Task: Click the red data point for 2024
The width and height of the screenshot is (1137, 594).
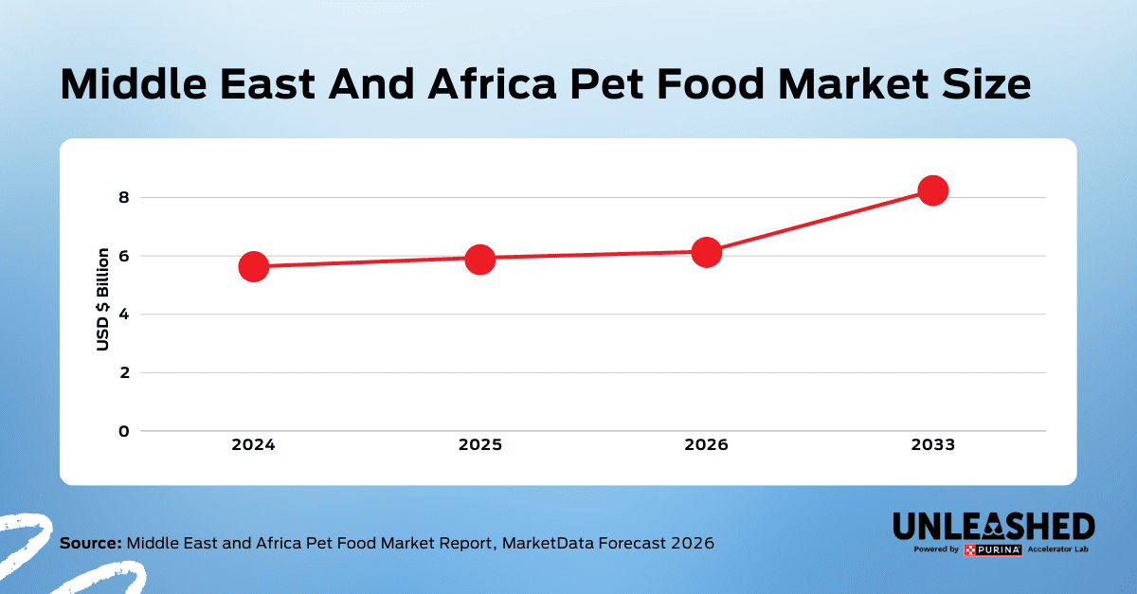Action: click(253, 266)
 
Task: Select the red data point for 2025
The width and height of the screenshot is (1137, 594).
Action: click(479, 259)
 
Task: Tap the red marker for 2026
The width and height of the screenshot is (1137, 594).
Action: click(706, 252)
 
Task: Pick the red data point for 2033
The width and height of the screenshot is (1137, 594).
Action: click(932, 190)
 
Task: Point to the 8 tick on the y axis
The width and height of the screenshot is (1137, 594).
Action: click(122, 198)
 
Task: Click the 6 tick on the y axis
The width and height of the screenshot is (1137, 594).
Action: click(122, 256)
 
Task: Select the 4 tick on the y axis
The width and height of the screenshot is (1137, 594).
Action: click(122, 315)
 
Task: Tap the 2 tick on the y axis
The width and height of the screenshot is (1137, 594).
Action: click(122, 372)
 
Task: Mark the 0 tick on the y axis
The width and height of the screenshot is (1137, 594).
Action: click(122, 431)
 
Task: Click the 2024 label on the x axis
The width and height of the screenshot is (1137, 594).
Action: click(253, 445)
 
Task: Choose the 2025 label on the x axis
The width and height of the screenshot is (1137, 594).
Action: click(479, 445)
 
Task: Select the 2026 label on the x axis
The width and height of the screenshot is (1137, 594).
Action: click(706, 445)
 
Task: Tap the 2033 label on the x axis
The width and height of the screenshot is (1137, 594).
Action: click(932, 445)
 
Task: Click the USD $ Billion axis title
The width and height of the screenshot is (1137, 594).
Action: click(103, 299)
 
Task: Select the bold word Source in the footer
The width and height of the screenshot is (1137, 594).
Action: click(91, 544)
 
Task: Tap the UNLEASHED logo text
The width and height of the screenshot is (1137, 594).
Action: click(994, 527)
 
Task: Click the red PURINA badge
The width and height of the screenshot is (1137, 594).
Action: click(992, 549)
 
